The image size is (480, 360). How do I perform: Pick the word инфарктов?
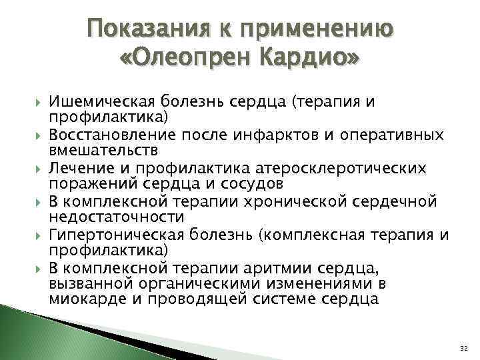click(292, 135)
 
